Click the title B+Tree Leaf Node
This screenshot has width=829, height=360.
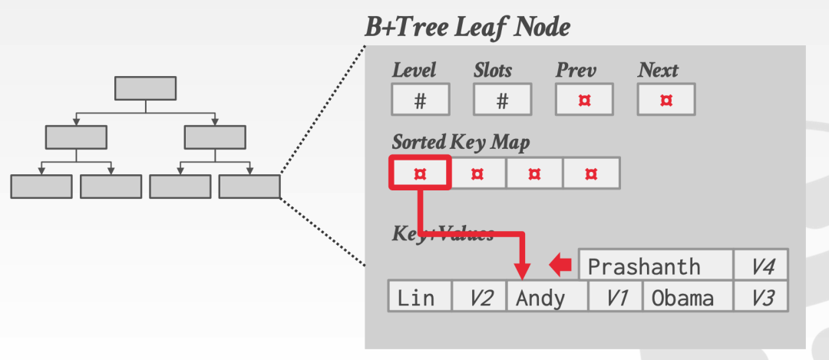pos(467,28)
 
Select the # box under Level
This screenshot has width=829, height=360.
pos(420,100)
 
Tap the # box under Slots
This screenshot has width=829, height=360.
pos(502,100)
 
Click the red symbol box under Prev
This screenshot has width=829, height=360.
pos(584,100)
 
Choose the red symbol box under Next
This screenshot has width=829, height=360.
pos(666,100)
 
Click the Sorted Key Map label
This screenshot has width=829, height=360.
pos(461,142)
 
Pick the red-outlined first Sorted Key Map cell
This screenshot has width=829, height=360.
pos(420,173)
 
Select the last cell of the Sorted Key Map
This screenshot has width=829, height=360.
pos(591,173)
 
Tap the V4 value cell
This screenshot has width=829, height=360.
pos(761,266)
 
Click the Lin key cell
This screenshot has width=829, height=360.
pos(419,297)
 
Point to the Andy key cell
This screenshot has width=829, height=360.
pos(547,297)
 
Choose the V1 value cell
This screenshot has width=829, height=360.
pos(616,297)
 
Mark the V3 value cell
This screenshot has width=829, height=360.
pos(761,297)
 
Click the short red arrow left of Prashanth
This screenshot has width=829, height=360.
pos(561,266)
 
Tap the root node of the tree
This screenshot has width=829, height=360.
pos(145,88)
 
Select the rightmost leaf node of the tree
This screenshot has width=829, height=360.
pos(249,187)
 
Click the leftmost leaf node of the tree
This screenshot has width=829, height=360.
pos(41,187)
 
